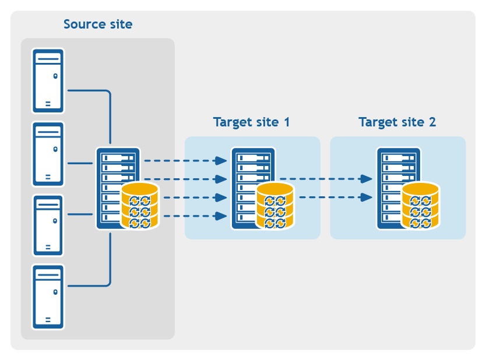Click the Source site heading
coord(98,24)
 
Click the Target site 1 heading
coord(251,122)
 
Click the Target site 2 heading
coord(397,122)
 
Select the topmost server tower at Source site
coord(48,80)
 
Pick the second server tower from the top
coord(48,154)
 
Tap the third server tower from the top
coord(48,225)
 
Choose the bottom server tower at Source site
coord(48,297)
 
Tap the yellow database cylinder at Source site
coord(140,205)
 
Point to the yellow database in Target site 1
coord(274,205)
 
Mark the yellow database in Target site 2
coord(420,205)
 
